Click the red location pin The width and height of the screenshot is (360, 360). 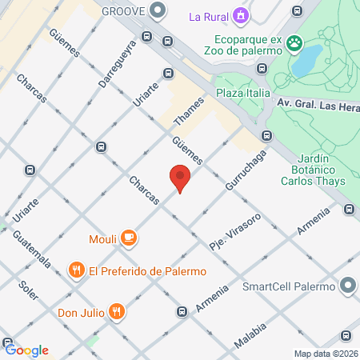pos(180,178)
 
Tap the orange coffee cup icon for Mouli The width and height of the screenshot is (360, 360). pos(130,238)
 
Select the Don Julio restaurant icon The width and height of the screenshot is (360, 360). pos(117,310)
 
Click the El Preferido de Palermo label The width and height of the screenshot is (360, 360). pos(148,270)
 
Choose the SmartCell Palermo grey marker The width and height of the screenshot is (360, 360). pos(348,286)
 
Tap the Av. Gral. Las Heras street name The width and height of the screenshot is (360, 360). pos(317,102)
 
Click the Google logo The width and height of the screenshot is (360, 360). pos(26,350)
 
